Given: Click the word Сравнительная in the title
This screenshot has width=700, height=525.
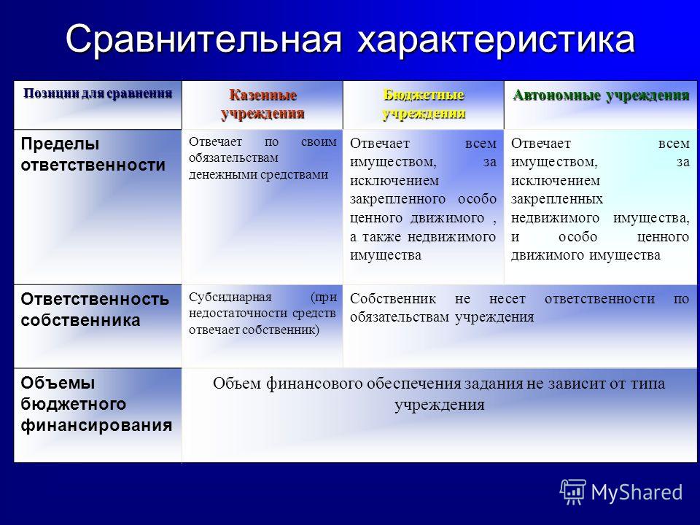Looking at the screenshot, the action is point(203,40).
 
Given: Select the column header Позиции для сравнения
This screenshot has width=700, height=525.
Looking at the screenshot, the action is point(98,94).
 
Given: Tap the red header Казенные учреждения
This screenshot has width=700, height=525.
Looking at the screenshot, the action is point(262,104).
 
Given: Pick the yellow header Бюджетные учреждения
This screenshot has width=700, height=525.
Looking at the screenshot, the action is point(424,104).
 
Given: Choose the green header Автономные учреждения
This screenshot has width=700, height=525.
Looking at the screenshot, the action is point(601,96).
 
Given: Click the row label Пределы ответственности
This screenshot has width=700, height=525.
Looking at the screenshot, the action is point(93,154).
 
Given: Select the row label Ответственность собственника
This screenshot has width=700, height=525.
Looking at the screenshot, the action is point(95,309).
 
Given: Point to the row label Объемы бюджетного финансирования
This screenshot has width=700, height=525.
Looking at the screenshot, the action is point(96,403).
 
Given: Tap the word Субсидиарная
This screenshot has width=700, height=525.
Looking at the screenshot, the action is point(230,297).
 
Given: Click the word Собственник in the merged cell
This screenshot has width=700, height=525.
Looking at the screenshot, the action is point(393,298).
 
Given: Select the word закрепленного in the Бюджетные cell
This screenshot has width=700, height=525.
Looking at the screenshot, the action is point(397,199).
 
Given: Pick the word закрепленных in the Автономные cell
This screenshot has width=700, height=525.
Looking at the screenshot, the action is point(556,199).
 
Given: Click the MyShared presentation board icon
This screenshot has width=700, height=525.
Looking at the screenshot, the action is point(573,491).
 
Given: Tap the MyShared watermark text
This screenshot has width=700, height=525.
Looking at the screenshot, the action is point(637,492).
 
